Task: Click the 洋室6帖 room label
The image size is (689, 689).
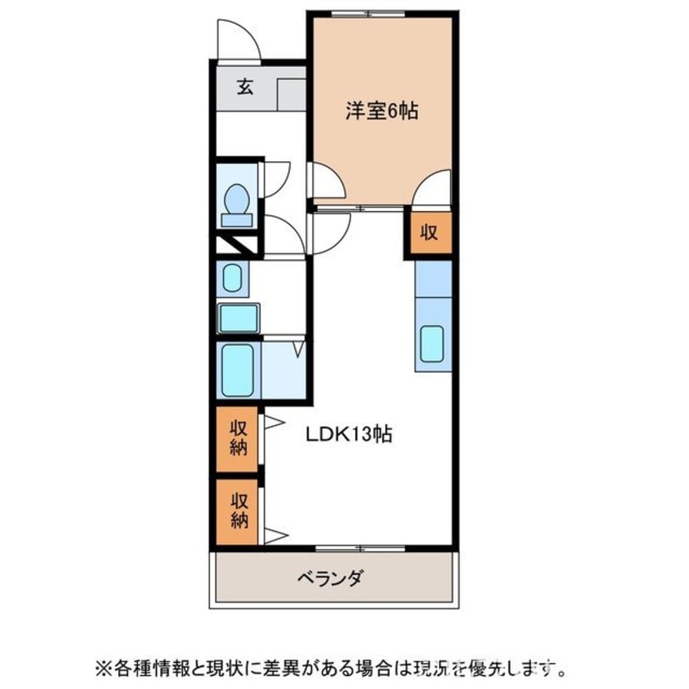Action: tap(381, 112)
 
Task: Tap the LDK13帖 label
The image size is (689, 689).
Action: tap(349, 434)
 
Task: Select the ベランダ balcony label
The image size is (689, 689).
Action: tap(330, 579)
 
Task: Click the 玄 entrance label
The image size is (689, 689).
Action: tap(244, 86)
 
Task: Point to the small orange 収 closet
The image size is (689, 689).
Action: tap(429, 233)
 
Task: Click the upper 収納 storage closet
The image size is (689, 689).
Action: tap(238, 438)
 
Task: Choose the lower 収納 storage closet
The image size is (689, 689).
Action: tap(238, 511)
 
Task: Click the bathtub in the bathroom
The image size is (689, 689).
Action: tap(238, 371)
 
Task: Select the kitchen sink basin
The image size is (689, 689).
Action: tap(432, 344)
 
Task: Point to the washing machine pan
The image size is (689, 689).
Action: tap(239, 318)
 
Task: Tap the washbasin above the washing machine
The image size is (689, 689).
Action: tap(233, 279)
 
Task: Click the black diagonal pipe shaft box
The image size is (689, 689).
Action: tap(237, 244)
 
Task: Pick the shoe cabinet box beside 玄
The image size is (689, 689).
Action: tap(291, 94)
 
